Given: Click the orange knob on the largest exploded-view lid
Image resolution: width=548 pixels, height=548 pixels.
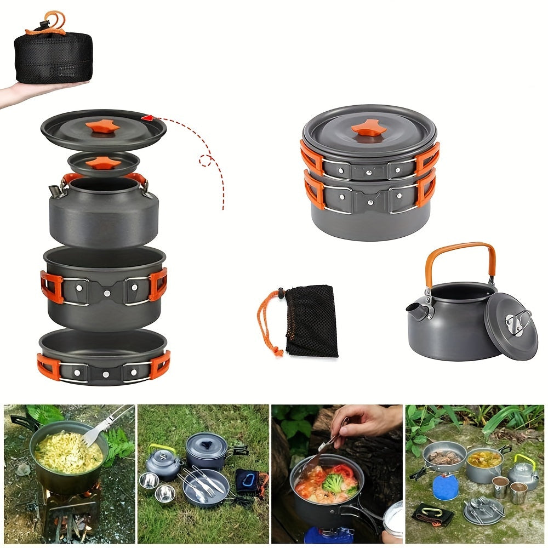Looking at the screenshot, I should (x=102, y=127).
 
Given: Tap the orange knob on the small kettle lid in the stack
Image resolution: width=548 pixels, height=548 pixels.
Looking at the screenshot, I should (x=102, y=162).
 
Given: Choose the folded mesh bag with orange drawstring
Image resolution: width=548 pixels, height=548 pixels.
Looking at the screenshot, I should (x=310, y=320).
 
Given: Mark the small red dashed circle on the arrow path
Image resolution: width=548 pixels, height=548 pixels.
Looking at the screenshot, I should (x=206, y=160).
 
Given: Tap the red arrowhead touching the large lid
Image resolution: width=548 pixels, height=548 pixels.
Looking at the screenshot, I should (x=147, y=117).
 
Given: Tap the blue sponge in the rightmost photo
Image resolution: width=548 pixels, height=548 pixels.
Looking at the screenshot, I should (x=445, y=487).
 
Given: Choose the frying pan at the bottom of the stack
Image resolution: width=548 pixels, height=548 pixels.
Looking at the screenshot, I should (x=102, y=356).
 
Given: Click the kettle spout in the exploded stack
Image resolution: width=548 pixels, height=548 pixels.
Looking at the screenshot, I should (x=55, y=191).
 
